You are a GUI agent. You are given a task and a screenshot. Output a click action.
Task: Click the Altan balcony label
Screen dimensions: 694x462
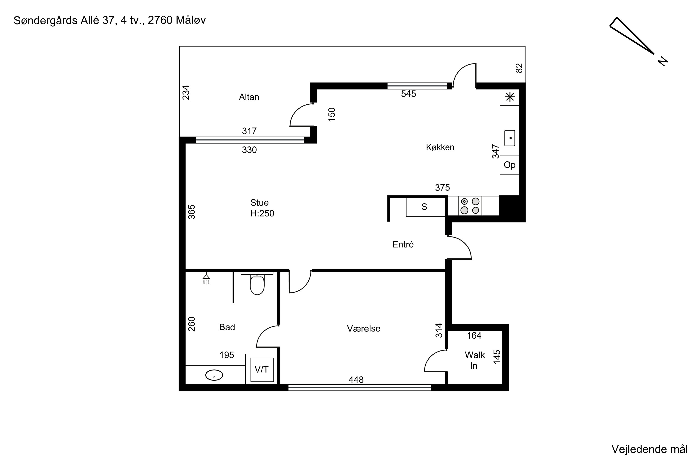point(249,97)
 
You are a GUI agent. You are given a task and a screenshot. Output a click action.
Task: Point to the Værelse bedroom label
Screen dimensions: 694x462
point(363,328)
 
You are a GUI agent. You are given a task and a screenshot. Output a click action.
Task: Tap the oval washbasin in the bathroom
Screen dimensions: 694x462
point(214,375)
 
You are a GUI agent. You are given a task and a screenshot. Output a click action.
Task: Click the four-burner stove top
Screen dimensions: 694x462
point(470,206)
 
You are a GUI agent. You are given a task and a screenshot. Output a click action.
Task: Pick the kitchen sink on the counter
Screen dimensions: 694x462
point(510,138)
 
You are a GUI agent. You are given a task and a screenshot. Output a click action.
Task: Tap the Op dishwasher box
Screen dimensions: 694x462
point(510,165)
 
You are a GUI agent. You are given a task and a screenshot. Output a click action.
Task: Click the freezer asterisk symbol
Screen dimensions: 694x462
point(510,97)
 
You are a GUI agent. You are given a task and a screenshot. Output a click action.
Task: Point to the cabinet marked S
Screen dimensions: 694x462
point(425,207)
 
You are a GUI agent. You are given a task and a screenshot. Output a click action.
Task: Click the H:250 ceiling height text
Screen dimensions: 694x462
point(262,213)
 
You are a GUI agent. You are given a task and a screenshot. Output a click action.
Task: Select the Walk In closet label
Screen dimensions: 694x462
point(474,360)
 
